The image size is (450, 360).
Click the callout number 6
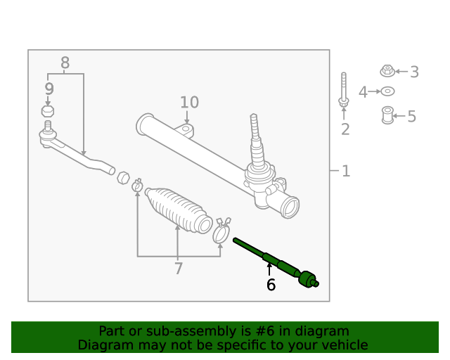(x=271, y=285)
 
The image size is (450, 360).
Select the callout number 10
(x=189, y=103)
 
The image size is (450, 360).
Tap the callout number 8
(x=65, y=63)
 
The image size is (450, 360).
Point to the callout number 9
(x=49, y=89)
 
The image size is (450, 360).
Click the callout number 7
(x=178, y=268)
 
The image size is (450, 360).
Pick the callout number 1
(x=345, y=171)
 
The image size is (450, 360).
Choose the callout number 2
(x=345, y=129)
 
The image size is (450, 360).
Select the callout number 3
(x=414, y=72)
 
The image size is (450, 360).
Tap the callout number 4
(x=363, y=92)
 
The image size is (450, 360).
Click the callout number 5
(x=411, y=117)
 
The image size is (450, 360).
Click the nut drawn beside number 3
(x=387, y=70)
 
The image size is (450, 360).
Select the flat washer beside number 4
(x=387, y=91)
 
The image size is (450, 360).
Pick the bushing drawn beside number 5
(x=387, y=115)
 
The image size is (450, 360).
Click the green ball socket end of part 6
(x=308, y=278)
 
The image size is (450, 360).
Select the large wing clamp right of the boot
(x=221, y=231)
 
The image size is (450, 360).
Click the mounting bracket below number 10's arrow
(x=186, y=131)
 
